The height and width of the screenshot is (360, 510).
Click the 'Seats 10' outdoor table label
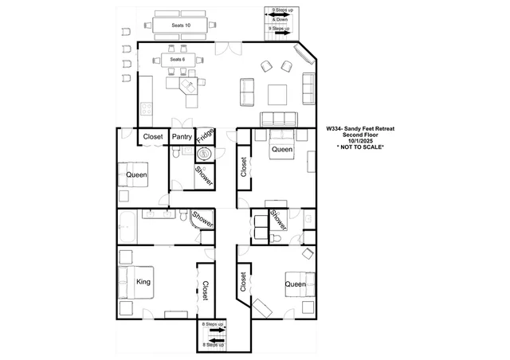pyautogui.click(x=181, y=25)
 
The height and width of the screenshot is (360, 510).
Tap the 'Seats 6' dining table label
pyautogui.click(x=178, y=60)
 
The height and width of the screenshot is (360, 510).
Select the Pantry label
pyautogui.click(x=182, y=136)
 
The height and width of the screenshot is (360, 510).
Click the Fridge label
pyautogui.click(x=206, y=136)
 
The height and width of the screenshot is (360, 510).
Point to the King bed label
pyautogui.click(x=143, y=282)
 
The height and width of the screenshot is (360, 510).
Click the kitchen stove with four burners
pyautogui.click(x=147, y=108)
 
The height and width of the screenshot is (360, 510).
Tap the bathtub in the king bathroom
pyautogui.click(x=127, y=227)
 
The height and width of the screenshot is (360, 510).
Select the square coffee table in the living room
pyautogui.click(x=277, y=95)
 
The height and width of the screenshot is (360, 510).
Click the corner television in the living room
pyautogui.click(x=304, y=54)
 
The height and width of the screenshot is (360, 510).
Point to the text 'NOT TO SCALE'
pyautogui.click(x=361, y=147)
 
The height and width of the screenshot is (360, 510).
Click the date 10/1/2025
pyautogui.click(x=360, y=141)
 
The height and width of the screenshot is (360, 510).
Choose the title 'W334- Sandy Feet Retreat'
pyautogui.click(x=360, y=129)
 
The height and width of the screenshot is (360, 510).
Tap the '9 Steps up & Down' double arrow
pyautogui.click(x=280, y=14)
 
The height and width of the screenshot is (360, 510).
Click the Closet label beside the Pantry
pyautogui.click(x=153, y=136)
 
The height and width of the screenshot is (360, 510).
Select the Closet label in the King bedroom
pyautogui.click(x=206, y=291)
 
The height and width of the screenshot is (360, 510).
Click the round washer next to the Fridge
pyautogui.click(x=205, y=154)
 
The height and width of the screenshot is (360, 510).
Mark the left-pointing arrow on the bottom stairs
pyautogui.click(x=215, y=341)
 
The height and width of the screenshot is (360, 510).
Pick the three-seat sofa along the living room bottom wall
pyautogui.click(x=279, y=119)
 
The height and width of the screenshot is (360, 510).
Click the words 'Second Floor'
pyautogui.click(x=360, y=135)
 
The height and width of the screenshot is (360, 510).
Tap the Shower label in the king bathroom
pyautogui.click(x=203, y=219)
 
